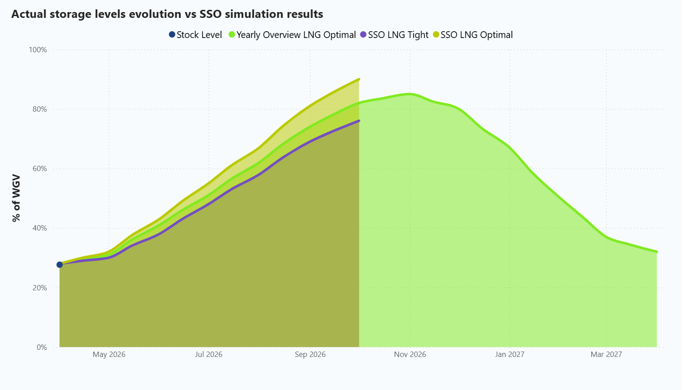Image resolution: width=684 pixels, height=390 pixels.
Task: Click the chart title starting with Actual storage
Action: [167, 14]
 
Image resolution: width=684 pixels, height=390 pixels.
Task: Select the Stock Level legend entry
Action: [195, 35]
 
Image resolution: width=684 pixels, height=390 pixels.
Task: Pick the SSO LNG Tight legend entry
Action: [394, 35]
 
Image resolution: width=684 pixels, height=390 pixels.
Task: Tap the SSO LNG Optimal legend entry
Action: [473, 35]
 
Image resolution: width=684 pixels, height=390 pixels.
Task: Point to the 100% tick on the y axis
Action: [38, 50]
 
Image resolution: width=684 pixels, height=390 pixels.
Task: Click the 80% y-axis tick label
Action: [39, 109]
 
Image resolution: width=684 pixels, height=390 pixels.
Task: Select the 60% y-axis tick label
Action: [39, 169]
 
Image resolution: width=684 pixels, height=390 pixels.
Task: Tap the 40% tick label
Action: [39, 228]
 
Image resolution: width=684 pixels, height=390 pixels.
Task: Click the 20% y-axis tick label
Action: [39, 288]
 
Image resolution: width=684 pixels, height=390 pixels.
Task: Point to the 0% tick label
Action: [42, 347]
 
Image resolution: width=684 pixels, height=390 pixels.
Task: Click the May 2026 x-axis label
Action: [109, 354]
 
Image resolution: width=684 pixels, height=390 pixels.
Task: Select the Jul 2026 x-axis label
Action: [209, 354]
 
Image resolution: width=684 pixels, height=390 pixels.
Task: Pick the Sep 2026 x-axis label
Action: [310, 354]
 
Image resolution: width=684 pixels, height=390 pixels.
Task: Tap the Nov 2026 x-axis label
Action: [410, 354]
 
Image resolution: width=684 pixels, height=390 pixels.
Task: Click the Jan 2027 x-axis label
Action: [510, 354]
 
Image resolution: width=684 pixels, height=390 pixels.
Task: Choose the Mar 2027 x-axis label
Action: [606, 354]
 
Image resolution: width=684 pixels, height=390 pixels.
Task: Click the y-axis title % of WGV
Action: [17, 198]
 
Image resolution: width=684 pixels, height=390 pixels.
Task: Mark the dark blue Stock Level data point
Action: [59, 265]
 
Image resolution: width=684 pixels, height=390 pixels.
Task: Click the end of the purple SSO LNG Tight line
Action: [359, 121]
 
